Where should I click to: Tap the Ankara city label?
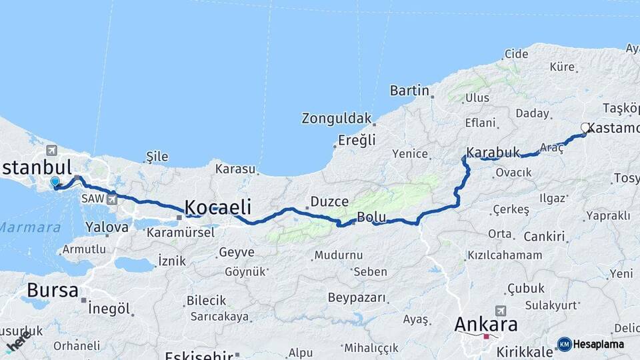pyautogui.click(x=485, y=325)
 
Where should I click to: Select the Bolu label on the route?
pyautogui.click(x=371, y=217)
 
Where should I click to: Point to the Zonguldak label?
pyautogui.click(x=336, y=119)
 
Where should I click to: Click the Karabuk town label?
pyautogui.click(x=493, y=153)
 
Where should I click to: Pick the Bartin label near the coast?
pyautogui.click(x=409, y=90)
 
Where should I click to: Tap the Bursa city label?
pyautogui.click(x=52, y=291)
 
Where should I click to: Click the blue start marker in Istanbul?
pyautogui.click(x=55, y=181)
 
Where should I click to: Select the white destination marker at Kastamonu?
pyautogui.click(x=585, y=127)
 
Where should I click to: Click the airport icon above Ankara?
pyautogui.click(x=501, y=311)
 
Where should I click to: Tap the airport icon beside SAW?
pyautogui.click(x=111, y=199)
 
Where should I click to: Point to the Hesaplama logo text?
pyautogui.click(x=599, y=345)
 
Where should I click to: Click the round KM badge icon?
pyautogui.click(x=565, y=345)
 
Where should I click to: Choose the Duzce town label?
pyautogui.click(x=329, y=201)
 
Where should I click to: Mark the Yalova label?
pyautogui.click(x=107, y=227)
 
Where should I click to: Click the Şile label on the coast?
pyautogui.click(x=157, y=157)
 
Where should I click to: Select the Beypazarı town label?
pyautogui.click(x=356, y=297)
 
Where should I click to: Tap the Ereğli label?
pyautogui.click(x=357, y=140)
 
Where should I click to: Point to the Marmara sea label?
pyautogui.click(x=29, y=227)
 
